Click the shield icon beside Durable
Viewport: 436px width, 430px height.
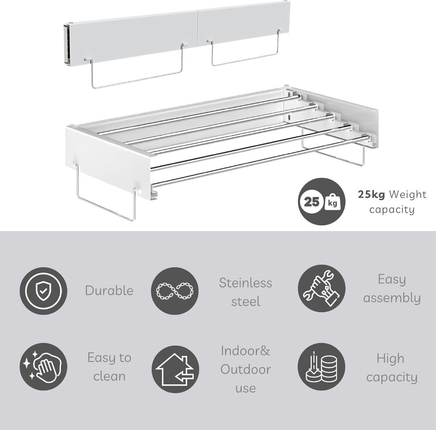click(x=43, y=291)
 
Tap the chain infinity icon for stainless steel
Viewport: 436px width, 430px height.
click(x=175, y=291)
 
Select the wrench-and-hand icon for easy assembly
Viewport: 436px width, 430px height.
click(x=321, y=288)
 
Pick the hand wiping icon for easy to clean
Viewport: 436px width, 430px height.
click(x=43, y=367)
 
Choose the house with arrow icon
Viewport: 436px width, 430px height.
click(x=175, y=369)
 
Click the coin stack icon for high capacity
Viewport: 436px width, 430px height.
click(x=321, y=367)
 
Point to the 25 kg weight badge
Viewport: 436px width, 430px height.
click(x=322, y=201)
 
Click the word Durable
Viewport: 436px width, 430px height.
click(x=109, y=291)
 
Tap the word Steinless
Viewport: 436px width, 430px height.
click(x=245, y=283)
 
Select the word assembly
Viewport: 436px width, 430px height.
click(x=392, y=298)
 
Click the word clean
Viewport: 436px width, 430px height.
click(x=109, y=376)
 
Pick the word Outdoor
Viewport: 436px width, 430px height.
click(x=245, y=369)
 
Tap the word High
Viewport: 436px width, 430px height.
click(x=390, y=358)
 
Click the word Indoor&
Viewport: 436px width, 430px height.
click(x=245, y=351)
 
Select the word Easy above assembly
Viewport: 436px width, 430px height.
click(x=392, y=279)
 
